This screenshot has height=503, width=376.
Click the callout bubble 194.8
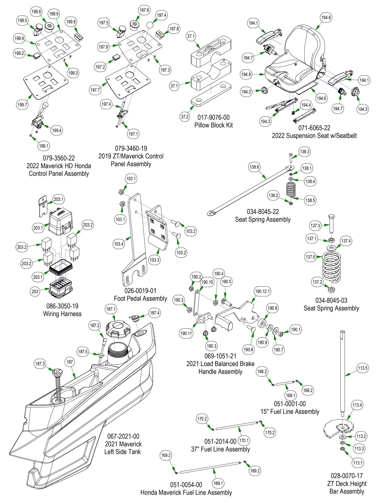tap(326, 18)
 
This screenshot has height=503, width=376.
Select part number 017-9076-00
tap(214, 118)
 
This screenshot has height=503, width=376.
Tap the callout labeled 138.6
tap(254, 167)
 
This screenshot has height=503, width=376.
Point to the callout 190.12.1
tap(262, 291)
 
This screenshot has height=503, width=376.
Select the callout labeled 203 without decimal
tap(35, 291)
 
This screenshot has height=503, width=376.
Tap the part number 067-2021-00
tap(123, 436)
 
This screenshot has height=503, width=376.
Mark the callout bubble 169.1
tap(218, 483)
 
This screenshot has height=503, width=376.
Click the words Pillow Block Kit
tap(214, 125)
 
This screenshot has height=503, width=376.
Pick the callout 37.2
tap(185, 116)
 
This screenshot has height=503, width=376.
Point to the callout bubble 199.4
tap(57, 131)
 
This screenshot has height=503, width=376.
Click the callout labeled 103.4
tap(119, 244)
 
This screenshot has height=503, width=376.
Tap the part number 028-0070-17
tap(347, 476)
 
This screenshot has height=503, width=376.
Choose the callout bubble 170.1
tap(244, 440)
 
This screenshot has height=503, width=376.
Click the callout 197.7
tap(95, 90)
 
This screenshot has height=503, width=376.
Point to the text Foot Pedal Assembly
tap(140, 298)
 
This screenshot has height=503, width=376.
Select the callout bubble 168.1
tap(290, 395)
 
